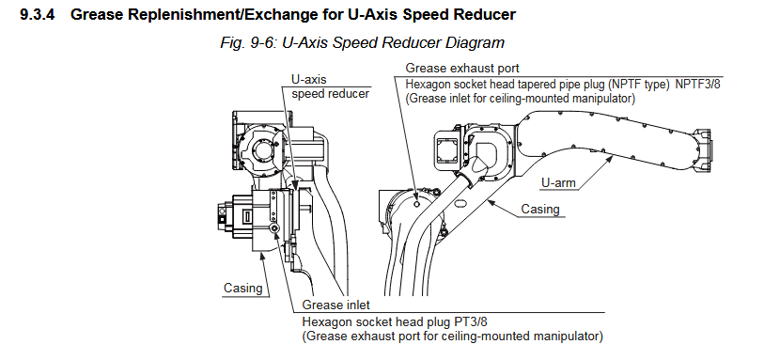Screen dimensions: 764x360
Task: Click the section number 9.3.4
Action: (37, 15)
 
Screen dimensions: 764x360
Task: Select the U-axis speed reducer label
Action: (330, 86)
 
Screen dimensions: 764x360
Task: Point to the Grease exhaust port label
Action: (462, 69)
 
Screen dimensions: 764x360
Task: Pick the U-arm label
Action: (558, 183)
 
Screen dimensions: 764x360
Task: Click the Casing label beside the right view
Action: (540, 209)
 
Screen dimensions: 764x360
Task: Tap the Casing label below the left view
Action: (242, 288)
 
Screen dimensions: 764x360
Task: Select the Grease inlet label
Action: (336, 305)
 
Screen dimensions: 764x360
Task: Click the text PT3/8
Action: (469, 322)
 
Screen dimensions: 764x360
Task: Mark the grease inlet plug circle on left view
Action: (275, 229)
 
